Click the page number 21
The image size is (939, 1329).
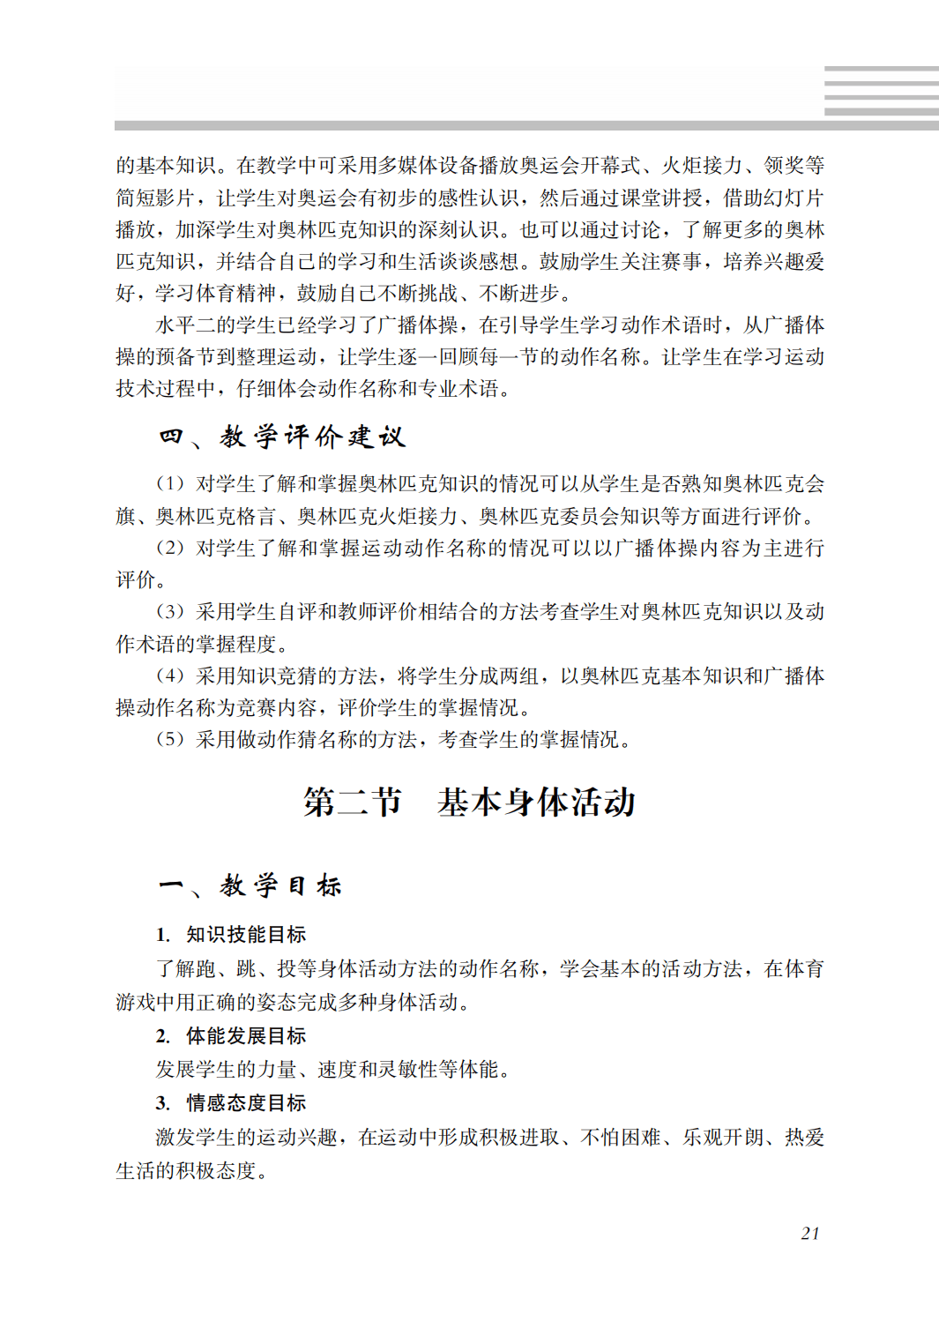click(x=810, y=1233)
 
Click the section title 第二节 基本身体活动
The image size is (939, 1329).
click(x=469, y=803)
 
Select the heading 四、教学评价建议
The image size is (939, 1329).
click(x=282, y=437)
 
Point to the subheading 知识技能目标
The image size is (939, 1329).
click(x=246, y=935)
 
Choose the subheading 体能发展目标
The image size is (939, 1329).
click(x=246, y=1035)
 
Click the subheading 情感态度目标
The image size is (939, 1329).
click(x=246, y=1102)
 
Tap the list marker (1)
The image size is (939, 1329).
click(x=170, y=483)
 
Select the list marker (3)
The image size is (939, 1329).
click(x=170, y=611)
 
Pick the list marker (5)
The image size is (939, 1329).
click(x=170, y=739)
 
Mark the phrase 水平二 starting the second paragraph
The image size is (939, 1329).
click(x=186, y=325)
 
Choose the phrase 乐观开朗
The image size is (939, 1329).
click(x=722, y=1137)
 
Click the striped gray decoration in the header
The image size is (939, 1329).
click(x=881, y=91)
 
